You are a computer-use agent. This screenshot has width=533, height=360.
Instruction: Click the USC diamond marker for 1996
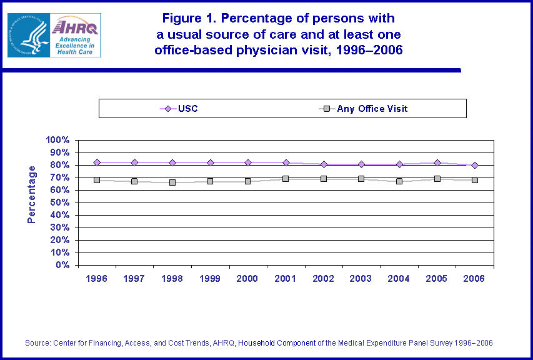coord(97,162)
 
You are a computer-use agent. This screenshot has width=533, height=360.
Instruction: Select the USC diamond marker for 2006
coord(475,165)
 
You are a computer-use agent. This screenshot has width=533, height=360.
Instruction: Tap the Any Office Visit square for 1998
coord(172,182)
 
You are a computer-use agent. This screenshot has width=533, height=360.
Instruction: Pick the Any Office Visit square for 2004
coord(399,181)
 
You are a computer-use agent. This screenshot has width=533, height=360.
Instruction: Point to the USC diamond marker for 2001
coord(286,162)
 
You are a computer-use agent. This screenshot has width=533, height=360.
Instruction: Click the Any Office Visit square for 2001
coord(286,179)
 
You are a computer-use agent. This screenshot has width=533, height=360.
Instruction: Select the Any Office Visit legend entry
coord(365,109)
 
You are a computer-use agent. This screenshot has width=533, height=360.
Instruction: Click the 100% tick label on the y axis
coord(58,140)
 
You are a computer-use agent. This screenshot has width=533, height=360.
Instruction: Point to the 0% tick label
coord(62,265)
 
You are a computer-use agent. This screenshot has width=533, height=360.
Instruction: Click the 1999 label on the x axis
coord(210,279)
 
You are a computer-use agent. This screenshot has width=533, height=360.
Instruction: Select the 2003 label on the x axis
coord(361,279)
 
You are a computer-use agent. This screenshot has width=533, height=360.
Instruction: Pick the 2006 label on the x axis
coord(475,279)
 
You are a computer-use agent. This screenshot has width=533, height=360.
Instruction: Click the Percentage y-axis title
coord(31,194)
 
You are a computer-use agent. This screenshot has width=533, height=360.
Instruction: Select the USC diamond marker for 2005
coord(437,162)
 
